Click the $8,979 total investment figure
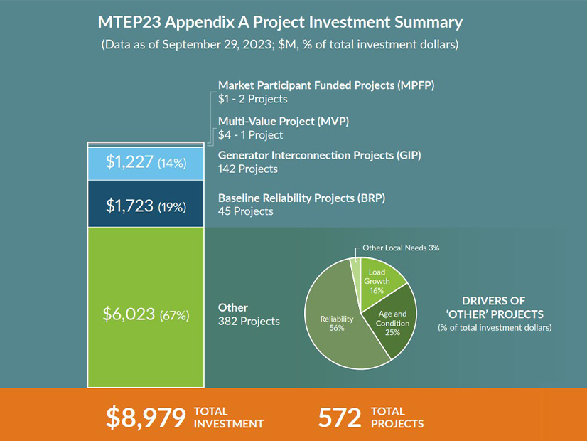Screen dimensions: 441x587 pos(144,418)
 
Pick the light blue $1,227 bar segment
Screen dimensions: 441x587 pos(146,163)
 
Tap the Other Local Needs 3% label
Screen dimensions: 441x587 pos(401,248)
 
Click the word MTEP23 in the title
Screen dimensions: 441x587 pos(125,22)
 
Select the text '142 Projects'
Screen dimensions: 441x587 pos(248,169)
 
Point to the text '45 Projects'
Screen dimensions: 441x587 pos(245,211)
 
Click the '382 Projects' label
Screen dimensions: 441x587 pos(249,321)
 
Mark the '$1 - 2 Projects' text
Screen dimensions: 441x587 pos(253,99)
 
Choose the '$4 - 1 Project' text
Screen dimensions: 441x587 pos(250,134)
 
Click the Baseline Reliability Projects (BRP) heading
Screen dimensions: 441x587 pos(301,198)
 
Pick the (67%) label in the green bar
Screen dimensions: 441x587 pos(175,315)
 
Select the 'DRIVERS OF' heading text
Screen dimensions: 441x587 pos(493,300)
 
